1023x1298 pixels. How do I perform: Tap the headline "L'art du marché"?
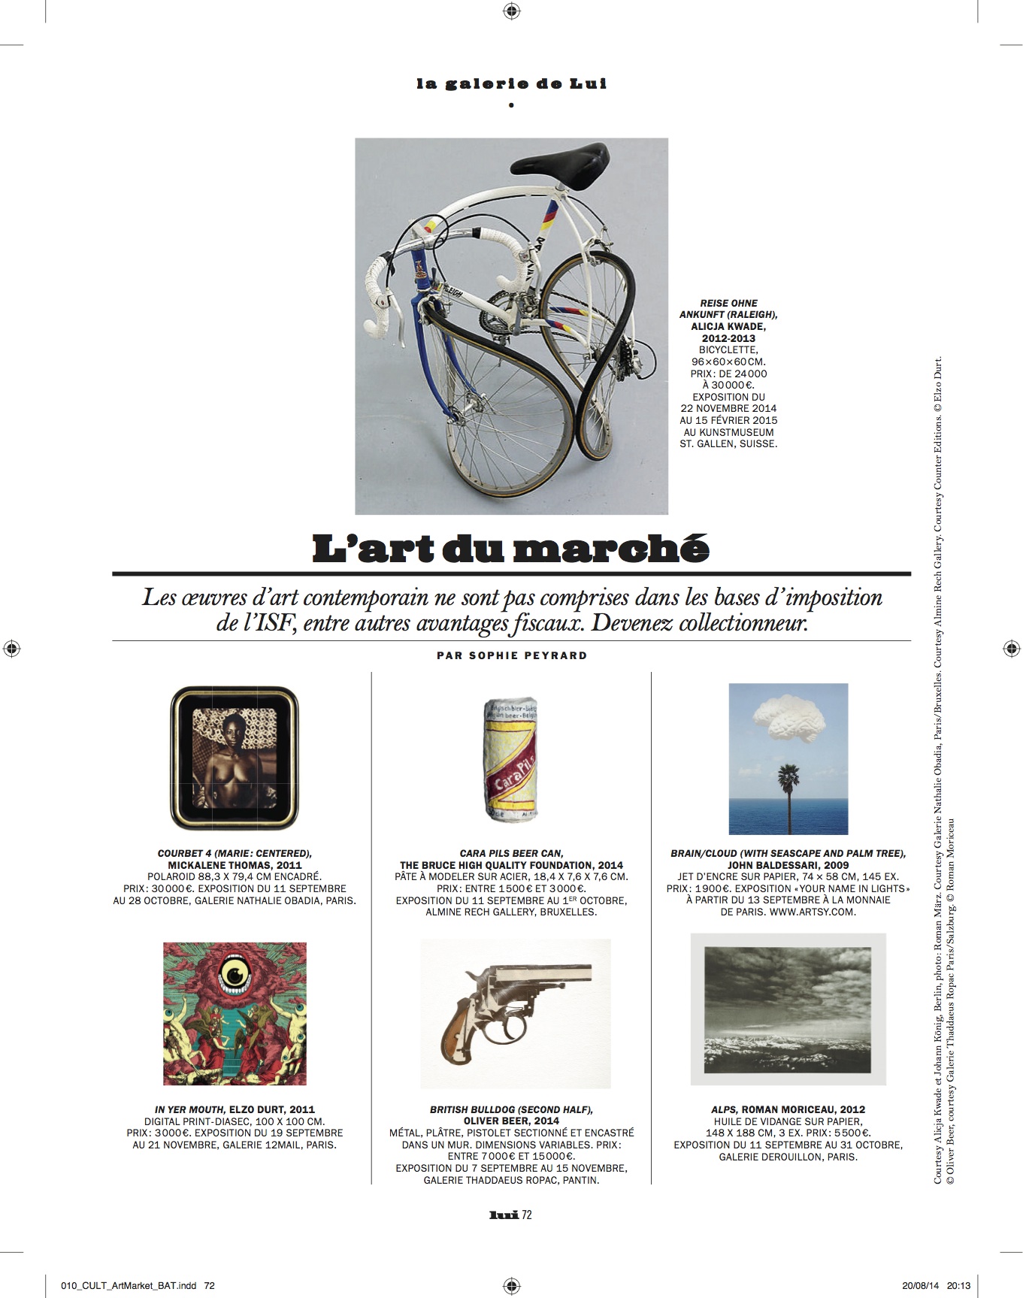click(x=510, y=549)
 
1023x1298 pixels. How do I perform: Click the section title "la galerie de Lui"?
click(x=511, y=83)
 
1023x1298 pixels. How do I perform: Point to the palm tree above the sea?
click(x=789, y=789)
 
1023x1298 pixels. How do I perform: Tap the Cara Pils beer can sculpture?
click(x=511, y=759)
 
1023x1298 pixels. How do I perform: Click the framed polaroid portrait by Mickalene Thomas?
click(x=235, y=758)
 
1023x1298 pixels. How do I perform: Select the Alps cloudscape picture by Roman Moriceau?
click(x=788, y=1009)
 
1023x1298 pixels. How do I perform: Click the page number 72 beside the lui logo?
click(x=527, y=1215)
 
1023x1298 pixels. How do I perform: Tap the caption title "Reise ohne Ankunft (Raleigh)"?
click(x=728, y=309)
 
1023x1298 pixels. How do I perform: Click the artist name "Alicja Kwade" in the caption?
click(x=728, y=327)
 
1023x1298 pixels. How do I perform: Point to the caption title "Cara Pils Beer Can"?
click(x=511, y=853)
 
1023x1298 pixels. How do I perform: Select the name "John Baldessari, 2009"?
click(x=788, y=865)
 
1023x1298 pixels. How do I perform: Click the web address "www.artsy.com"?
click(x=813, y=912)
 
